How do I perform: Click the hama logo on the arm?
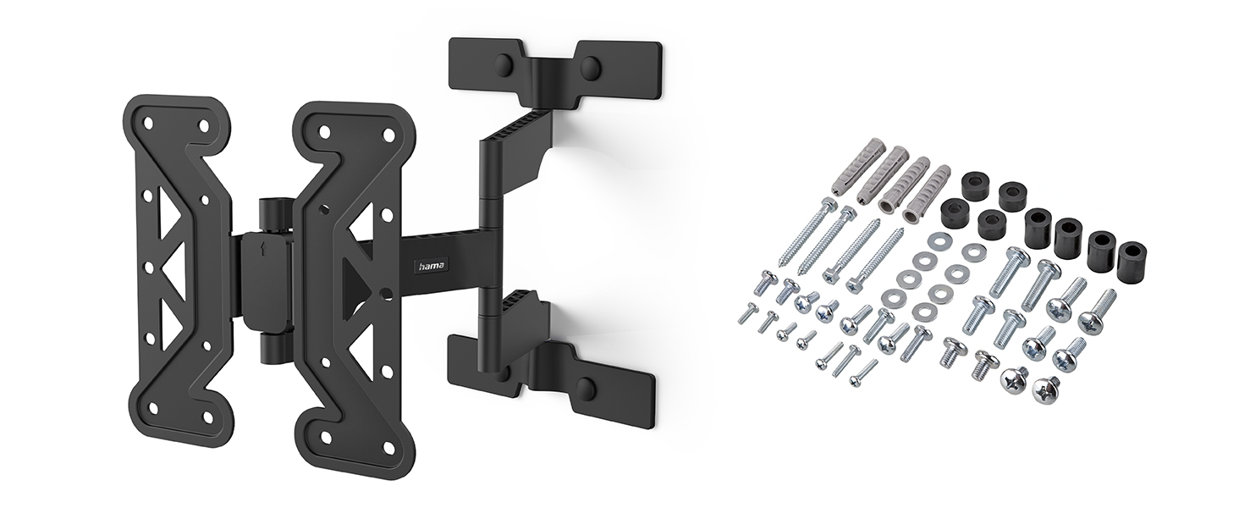[x=433, y=266]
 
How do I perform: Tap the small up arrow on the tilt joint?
[x=260, y=247]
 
